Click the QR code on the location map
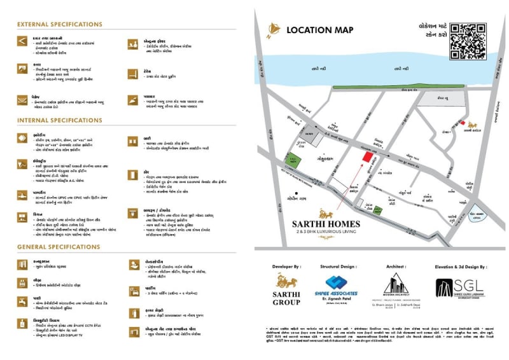pyautogui.click(x=468, y=41)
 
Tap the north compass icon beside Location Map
pyautogui.click(x=274, y=29)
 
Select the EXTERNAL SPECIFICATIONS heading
pyautogui.click(x=60, y=25)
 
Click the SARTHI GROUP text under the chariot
pyautogui.click(x=286, y=299)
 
